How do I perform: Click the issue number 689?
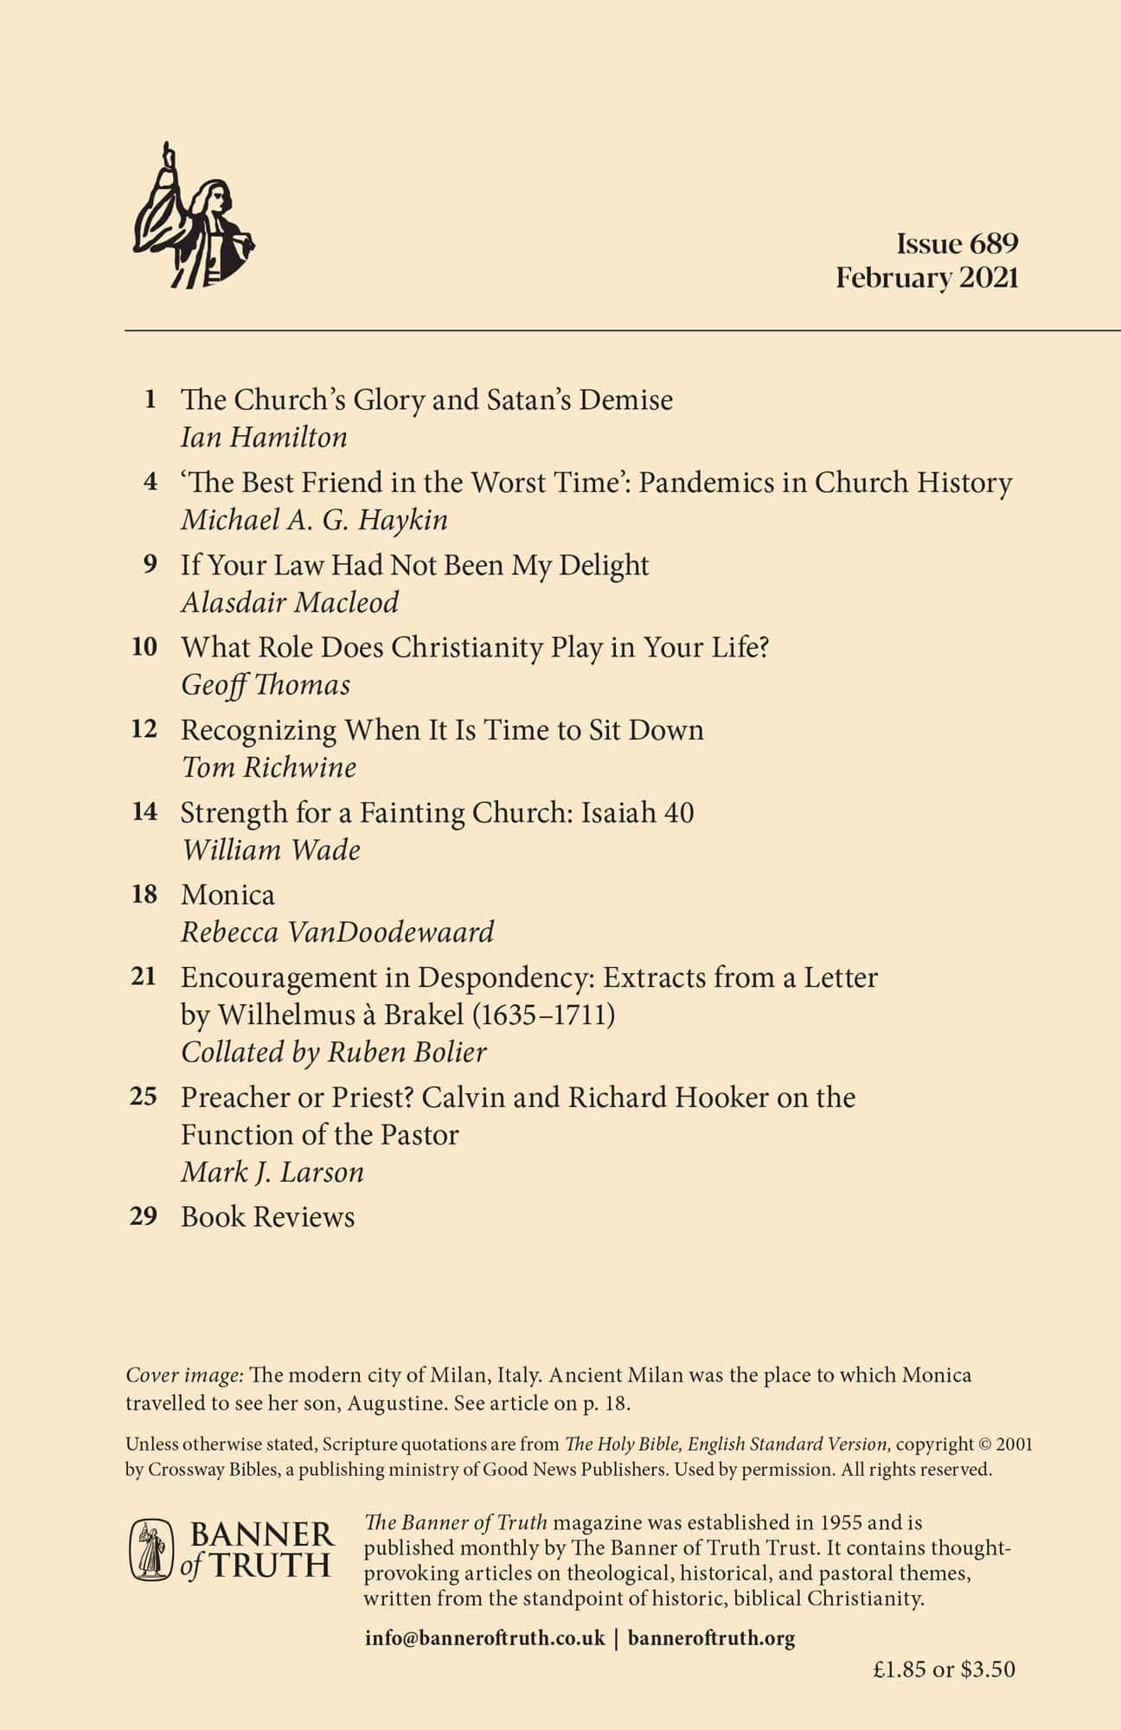994,244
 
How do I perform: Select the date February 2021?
926,278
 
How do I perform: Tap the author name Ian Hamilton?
264,438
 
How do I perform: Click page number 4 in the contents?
151,482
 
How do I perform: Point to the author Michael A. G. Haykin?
314,520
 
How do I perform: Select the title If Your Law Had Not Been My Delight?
414,565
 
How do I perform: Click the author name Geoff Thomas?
266,685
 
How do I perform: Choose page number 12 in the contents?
144,729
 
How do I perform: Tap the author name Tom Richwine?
268,767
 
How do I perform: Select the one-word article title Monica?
227,894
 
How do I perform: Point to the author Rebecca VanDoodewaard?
337,932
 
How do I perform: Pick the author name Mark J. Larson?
272,1172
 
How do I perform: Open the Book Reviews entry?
267,1217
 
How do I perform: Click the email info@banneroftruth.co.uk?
485,1637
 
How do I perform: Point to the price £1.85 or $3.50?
944,1669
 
